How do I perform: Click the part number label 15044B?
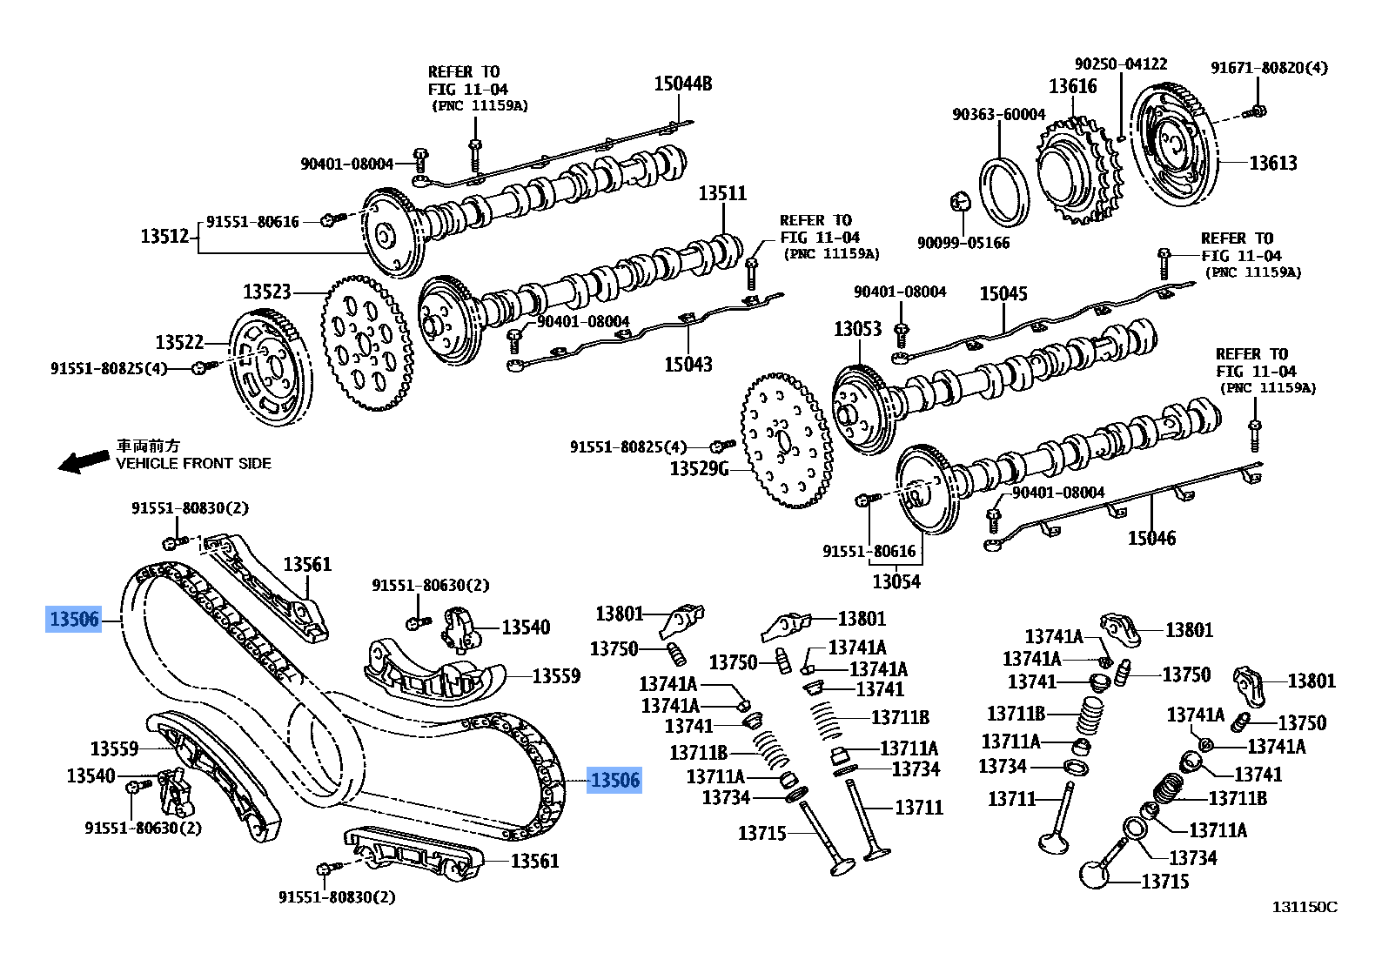[x=682, y=84]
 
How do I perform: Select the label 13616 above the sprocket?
[x=1072, y=86]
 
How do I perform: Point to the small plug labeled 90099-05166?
[x=960, y=202]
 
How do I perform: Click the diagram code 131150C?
[x=1304, y=907]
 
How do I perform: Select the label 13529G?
[x=698, y=469]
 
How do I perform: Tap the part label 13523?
[x=266, y=292]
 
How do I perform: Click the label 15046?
[x=1151, y=538]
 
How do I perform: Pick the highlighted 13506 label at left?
[x=75, y=620]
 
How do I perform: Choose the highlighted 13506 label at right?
[x=614, y=781]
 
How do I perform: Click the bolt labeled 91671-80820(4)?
[x=1258, y=111]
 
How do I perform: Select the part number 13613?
[x=1272, y=163]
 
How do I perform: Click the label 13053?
[x=857, y=329]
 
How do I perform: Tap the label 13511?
[x=721, y=193]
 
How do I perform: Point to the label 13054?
[x=896, y=581]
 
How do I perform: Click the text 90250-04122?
[x=1120, y=64]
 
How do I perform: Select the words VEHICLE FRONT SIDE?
[x=193, y=464]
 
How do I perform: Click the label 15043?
[x=688, y=364]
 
